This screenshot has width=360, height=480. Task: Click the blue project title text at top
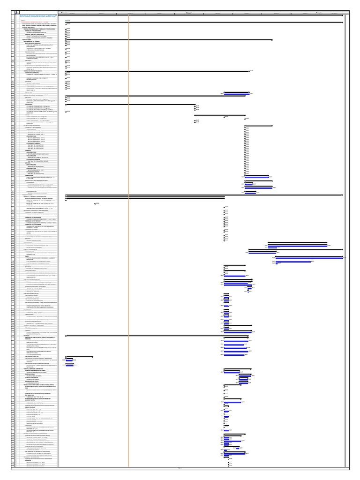tap(37, 14)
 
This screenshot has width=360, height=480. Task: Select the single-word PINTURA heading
tap(25, 335)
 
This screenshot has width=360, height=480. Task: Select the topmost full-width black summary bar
tap(204, 15)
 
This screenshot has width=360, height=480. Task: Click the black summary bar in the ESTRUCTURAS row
tap(169, 40)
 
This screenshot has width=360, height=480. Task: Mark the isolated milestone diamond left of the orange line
tap(95, 203)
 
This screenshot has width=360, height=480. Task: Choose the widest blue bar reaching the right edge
tap(309, 257)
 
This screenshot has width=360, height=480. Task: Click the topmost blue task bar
tap(237, 94)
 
